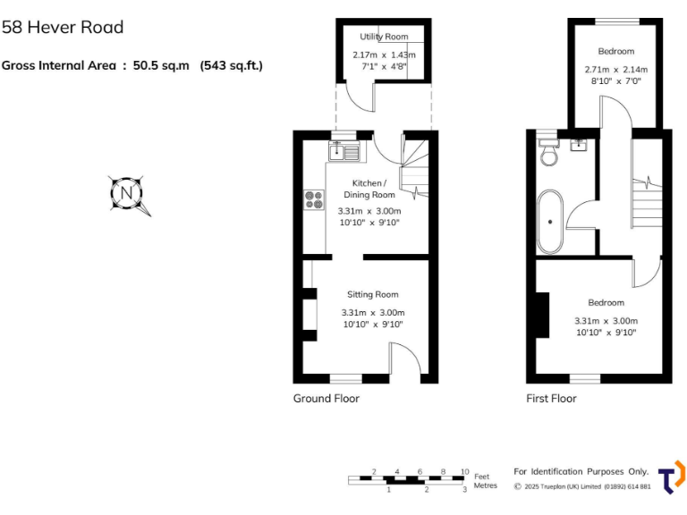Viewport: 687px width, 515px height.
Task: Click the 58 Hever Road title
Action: tap(63, 28)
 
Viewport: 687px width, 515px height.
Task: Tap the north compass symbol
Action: tap(127, 193)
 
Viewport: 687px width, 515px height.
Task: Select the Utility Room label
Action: tap(384, 37)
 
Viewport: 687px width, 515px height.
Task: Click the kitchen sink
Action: tap(344, 151)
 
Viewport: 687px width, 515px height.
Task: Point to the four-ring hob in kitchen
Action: tap(314, 200)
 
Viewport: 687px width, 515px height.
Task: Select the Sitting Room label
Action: tap(373, 294)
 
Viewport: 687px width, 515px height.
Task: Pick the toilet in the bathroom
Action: tap(548, 154)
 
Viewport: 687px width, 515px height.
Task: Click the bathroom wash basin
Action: tap(578, 144)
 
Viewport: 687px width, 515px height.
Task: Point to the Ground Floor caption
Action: tap(327, 399)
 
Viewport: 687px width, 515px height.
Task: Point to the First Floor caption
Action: tap(551, 399)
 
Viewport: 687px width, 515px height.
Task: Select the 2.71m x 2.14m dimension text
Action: tap(615, 69)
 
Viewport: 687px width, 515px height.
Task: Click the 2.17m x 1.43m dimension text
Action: tap(384, 55)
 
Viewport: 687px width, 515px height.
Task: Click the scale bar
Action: tap(408, 480)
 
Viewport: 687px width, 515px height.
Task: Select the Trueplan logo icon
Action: tap(672, 476)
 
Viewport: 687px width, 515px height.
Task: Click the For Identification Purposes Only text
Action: tap(581, 471)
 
